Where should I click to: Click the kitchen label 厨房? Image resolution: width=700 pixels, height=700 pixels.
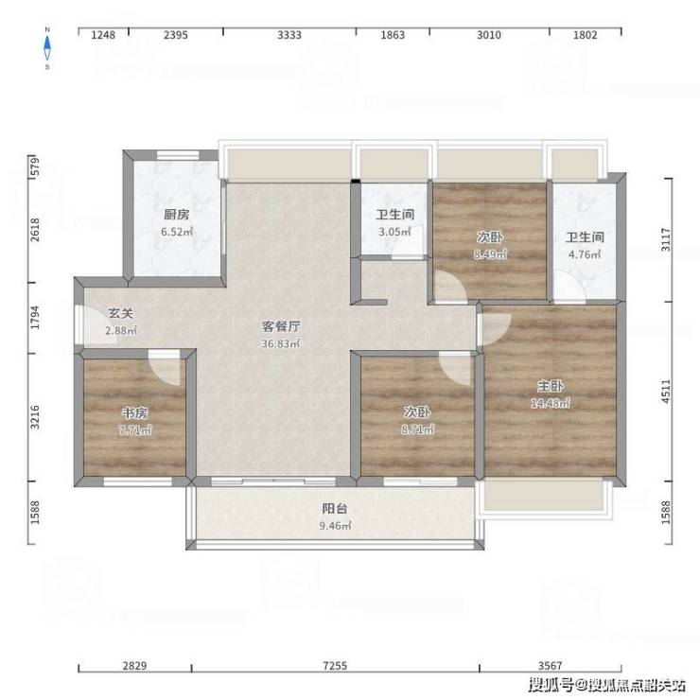[176, 215]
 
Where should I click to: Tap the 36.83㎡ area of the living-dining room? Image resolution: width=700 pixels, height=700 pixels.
[281, 343]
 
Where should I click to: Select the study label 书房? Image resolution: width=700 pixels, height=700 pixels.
[135, 413]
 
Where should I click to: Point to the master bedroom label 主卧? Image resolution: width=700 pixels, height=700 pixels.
[550, 386]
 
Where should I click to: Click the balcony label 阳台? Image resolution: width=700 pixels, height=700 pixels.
[335, 509]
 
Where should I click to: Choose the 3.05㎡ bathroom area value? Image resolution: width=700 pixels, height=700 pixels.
[394, 232]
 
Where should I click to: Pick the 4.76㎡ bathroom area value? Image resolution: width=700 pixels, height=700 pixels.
[585, 254]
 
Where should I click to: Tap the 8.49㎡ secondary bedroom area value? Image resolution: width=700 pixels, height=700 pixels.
[490, 254]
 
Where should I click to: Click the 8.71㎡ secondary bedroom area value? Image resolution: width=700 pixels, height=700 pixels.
[417, 429]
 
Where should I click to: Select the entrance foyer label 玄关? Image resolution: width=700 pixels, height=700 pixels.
[121, 313]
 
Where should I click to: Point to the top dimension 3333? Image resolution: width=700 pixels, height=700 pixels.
[289, 35]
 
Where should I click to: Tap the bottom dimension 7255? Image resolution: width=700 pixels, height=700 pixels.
[335, 666]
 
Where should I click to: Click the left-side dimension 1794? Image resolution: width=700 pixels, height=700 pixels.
[35, 318]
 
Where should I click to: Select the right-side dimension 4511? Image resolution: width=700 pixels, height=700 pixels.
[666, 392]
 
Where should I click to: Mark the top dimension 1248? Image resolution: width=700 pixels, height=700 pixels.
[103, 35]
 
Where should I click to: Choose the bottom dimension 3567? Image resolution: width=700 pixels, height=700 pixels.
[550, 666]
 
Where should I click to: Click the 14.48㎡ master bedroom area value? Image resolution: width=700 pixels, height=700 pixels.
[550, 403]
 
